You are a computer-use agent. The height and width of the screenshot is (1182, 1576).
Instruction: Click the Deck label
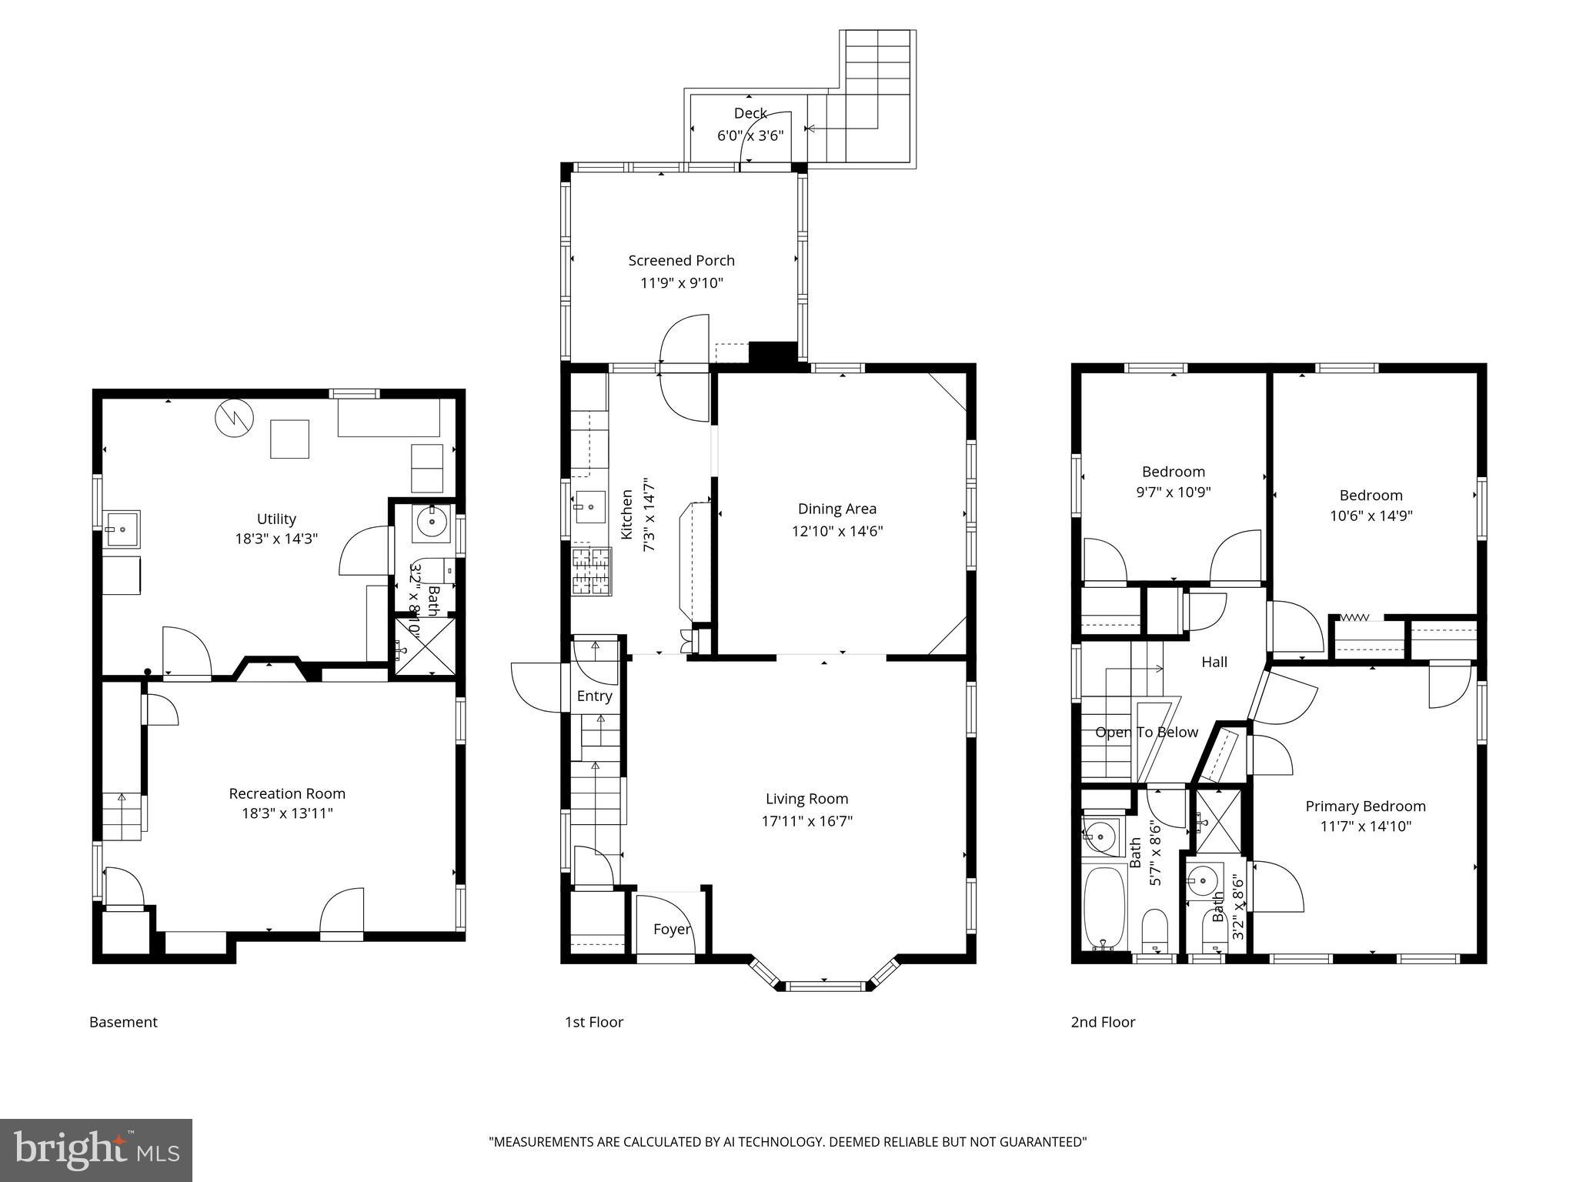750,113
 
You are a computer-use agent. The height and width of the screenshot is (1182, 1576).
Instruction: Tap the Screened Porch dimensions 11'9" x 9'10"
682,283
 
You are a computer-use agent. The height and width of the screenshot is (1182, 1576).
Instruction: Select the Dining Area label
836,509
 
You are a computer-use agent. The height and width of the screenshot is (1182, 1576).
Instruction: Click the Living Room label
806,799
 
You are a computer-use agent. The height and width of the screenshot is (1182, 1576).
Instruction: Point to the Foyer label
671,930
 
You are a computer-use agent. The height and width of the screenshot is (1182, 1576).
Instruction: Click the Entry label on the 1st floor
594,696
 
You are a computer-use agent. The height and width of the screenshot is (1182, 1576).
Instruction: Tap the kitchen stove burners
590,570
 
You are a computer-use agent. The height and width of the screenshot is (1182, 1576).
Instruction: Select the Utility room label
276,519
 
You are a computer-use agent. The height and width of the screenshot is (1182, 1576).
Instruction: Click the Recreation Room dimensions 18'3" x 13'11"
286,813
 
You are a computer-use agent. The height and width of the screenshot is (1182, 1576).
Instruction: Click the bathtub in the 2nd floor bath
1105,909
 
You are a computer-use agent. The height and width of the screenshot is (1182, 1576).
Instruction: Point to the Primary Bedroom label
1365,806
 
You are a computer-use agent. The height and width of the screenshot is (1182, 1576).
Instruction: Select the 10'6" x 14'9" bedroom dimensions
1371,516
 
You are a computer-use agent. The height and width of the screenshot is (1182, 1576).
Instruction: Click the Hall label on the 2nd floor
1214,662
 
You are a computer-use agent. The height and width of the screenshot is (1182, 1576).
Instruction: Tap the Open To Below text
1146,733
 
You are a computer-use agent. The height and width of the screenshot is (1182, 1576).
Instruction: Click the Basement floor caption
123,1022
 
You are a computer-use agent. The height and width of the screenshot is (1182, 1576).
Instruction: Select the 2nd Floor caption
1103,1022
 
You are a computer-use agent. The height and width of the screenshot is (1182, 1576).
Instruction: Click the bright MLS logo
96,1150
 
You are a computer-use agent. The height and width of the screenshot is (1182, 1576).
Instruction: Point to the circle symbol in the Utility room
233,419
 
